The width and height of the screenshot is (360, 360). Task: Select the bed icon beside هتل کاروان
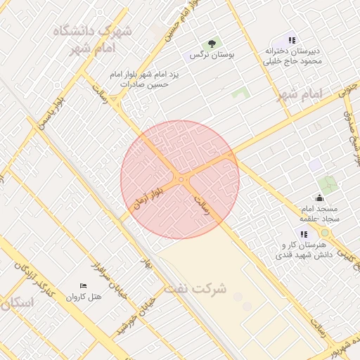click(84, 285)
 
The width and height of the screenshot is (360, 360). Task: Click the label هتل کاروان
click(84, 296)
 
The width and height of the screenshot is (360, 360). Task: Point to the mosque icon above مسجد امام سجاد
click(321, 198)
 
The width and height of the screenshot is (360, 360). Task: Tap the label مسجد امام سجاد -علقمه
click(320, 214)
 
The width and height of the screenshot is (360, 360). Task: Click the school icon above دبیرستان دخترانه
click(292, 40)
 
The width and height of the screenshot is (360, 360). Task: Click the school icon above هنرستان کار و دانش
click(304, 234)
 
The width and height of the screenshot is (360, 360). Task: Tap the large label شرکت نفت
click(195, 288)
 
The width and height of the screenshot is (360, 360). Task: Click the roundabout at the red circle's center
click(181, 180)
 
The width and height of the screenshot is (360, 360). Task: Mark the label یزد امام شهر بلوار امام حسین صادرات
click(140, 79)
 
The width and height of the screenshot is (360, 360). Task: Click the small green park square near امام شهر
click(241, 92)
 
